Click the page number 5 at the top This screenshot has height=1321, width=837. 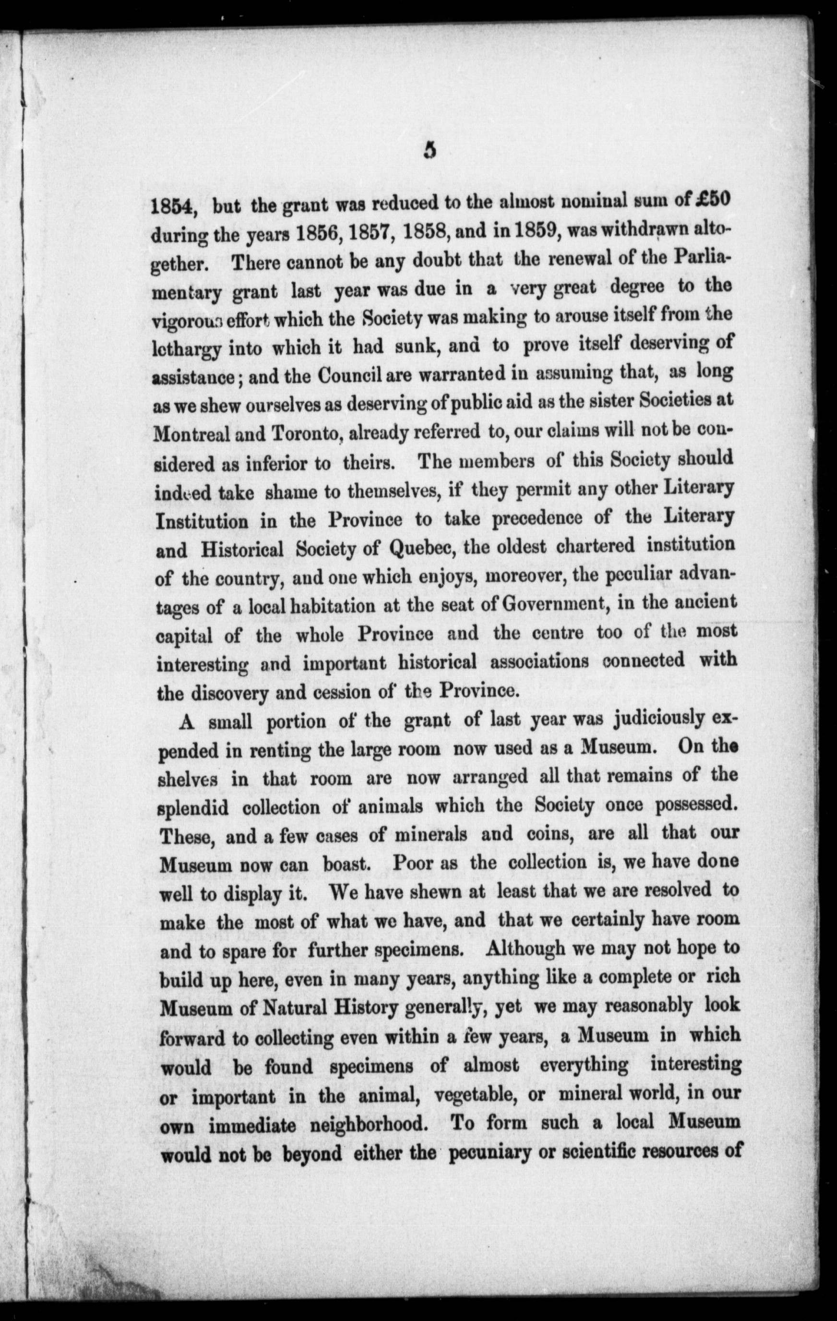pyautogui.click(x=430, y=151)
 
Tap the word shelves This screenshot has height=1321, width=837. pyautogui.click(x=189, y=779)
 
